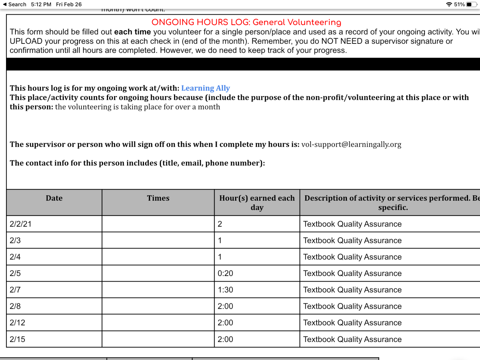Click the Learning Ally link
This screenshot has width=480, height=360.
coord(205,88)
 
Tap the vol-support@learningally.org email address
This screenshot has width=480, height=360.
coord(351,144)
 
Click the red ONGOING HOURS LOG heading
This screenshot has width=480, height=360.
coord(246,22)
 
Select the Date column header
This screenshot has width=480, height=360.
coord(54,198)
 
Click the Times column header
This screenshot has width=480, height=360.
coord(158,198)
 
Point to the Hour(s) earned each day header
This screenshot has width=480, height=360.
coord(257,202)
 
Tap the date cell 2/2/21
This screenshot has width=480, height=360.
coord(21,224)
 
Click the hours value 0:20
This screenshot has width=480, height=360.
coord(225,274)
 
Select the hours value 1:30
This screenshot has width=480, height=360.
coord(225,290)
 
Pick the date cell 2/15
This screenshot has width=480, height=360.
coord(18,339)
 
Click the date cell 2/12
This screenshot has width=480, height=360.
coord(18,323)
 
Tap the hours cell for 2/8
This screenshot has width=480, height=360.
coord(225,306)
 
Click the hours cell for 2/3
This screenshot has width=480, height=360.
coord(220,241)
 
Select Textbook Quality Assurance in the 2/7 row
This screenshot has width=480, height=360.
coord(352,290)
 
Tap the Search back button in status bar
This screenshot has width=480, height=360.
coord(15,4)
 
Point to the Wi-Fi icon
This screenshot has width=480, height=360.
coord(449,4)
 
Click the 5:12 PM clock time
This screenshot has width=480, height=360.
coord(41,4)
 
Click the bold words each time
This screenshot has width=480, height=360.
coord(132,32)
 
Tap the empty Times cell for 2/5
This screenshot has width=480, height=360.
coord(158,274)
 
